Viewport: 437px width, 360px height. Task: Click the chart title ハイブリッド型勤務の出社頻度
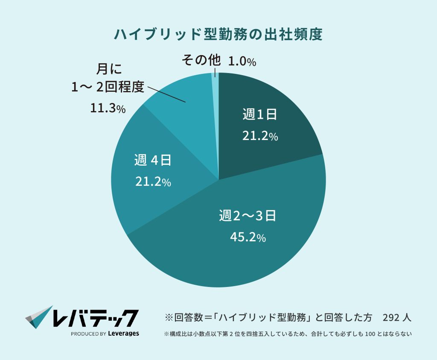click(x=218, y=35)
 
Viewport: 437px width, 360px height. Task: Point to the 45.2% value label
click(x=248, y=237)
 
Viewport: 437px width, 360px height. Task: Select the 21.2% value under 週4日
click(x=153, y=182)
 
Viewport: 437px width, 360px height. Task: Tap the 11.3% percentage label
click(x=108, y=108)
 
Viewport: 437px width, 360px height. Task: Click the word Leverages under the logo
click(x=123, y=334)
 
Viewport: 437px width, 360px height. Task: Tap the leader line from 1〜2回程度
click(x=166, y=94)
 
